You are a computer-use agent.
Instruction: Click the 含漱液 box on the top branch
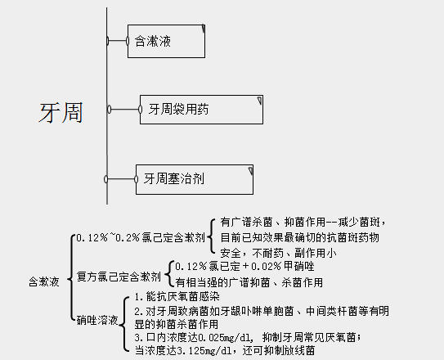tap(166, 41)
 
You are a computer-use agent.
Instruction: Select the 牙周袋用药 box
tap(201, 109)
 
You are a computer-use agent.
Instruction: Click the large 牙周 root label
tap(61, 112)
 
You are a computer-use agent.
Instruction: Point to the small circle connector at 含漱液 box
tap(108, 40)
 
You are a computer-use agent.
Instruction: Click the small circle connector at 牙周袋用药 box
tap(108, 109)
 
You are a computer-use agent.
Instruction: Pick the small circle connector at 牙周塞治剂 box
tap(107, 178)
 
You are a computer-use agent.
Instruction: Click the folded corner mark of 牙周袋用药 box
tap(260, 101)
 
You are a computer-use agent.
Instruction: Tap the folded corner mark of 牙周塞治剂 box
tap(248, 169)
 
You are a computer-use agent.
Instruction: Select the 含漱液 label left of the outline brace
tap(43, 281)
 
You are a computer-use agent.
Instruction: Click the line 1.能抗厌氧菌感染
tap(177, 297)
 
